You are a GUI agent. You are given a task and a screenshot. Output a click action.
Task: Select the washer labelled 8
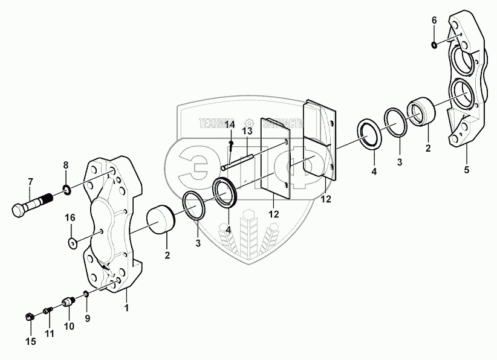coord(67,191)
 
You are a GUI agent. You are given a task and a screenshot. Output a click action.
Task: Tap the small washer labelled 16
coord(72,243)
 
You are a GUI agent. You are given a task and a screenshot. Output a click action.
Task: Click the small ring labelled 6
coord(434,44)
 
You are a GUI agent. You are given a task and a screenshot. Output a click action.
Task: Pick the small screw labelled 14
coord(232,146)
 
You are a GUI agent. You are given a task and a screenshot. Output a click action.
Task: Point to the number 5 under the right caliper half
coord(466,170)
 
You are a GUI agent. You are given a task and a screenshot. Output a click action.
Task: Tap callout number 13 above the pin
coord(247,131)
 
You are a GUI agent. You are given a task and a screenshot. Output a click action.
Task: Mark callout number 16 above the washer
coord(70,217)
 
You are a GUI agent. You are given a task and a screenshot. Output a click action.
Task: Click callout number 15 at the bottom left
coord(30,342)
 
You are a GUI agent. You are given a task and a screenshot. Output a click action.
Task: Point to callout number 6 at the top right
coord(434,21)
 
